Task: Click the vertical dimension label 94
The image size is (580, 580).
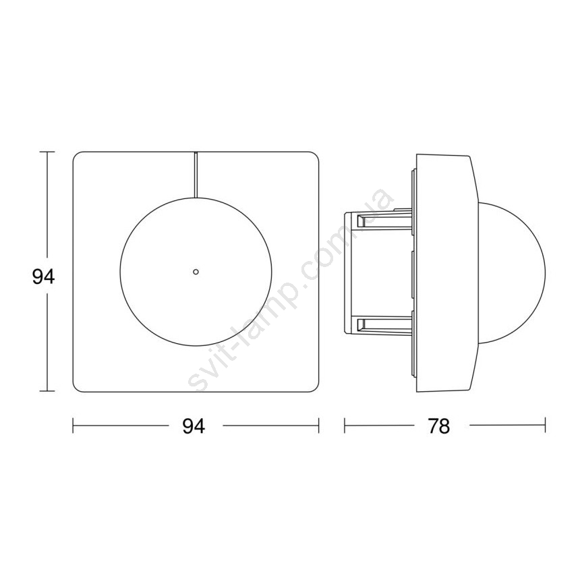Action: pos(43,277)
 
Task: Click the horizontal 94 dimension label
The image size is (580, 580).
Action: pos(194,426)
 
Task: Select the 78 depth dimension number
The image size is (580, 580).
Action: pos(438,426)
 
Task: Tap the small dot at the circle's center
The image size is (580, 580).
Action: pos(196,272)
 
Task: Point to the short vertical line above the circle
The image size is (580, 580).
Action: pos(196,175)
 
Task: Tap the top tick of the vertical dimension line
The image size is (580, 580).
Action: pos(47,152)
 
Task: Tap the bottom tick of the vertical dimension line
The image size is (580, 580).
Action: pos(47,390)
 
